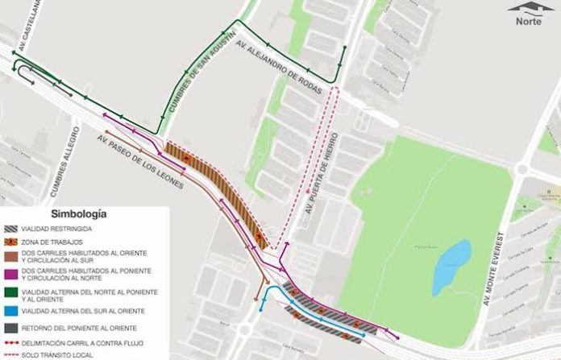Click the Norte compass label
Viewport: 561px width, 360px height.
tap(529, 22)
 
